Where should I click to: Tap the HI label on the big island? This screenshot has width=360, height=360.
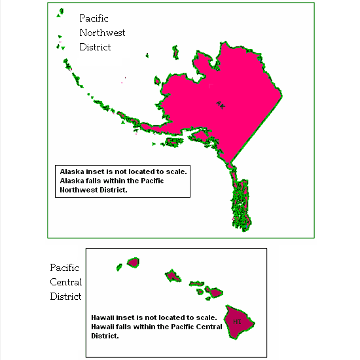237,322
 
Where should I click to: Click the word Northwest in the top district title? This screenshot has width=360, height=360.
102,33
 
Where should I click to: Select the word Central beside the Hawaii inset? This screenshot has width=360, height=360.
66,282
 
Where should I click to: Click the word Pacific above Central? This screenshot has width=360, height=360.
64,268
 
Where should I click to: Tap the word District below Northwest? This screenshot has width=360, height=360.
95,47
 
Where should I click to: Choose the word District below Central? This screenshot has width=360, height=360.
66,297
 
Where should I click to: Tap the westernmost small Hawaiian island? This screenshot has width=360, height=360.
133,262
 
